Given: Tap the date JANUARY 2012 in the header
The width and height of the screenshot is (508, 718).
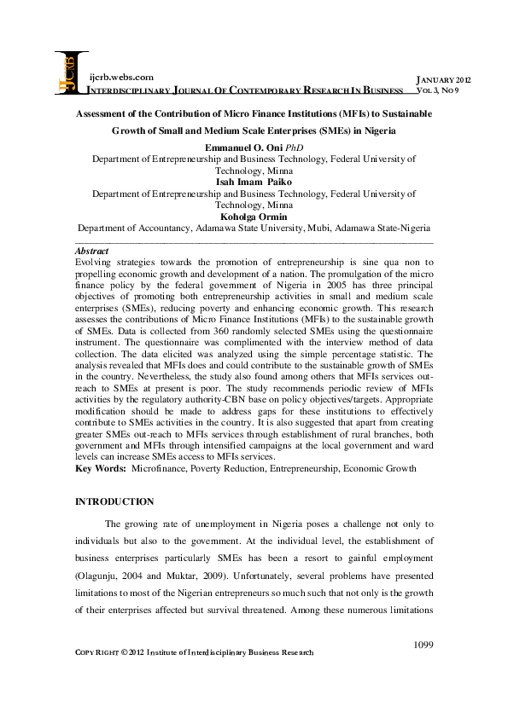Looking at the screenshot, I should click(442, 78).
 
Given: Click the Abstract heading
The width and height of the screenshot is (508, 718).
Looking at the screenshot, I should click(92, 252).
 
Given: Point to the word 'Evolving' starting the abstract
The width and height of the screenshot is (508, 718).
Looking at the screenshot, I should click(96, 265).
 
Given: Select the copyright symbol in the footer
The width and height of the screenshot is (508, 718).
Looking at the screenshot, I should click(122, 652).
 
